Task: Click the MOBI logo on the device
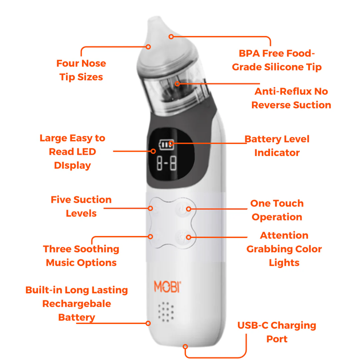click(167, 287)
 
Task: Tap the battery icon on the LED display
click(166, 144)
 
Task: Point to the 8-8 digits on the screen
click(167, 163)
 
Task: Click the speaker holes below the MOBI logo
click(166, 312)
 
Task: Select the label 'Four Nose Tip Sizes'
click(81, 70)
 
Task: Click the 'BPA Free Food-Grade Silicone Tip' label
click(277, 60)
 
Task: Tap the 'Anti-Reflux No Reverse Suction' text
click(291, 98)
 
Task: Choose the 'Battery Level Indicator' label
click(277, 146)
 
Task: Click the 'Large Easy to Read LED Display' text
click(72, 152)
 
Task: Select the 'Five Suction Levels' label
click(81, 206)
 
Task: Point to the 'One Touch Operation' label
click(277, 210)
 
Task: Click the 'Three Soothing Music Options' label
click(81, 256)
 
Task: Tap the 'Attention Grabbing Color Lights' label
click(284, 249)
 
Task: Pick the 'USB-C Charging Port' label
click(277, 332)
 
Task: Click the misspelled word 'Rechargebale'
click(77, 304)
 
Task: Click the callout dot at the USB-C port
click(185, 346)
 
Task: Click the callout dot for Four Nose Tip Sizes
click(148, 47)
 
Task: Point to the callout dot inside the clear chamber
click(177, 84)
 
